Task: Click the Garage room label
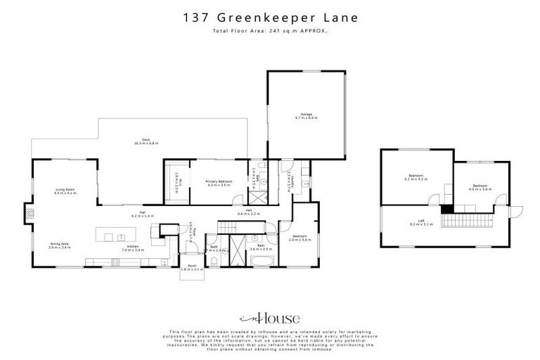click(x=306, y=115)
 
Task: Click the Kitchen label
click(x=133, y=247)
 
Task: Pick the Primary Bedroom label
click(x=218, y=183)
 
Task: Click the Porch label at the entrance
click(x=191, y=267)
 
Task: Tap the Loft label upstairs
click(x=421, y=222)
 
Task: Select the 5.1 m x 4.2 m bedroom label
click(x=415, y=177)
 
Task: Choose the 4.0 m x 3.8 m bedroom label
click(x=479, y=187)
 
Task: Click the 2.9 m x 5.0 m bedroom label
click(x=299, y=238)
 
